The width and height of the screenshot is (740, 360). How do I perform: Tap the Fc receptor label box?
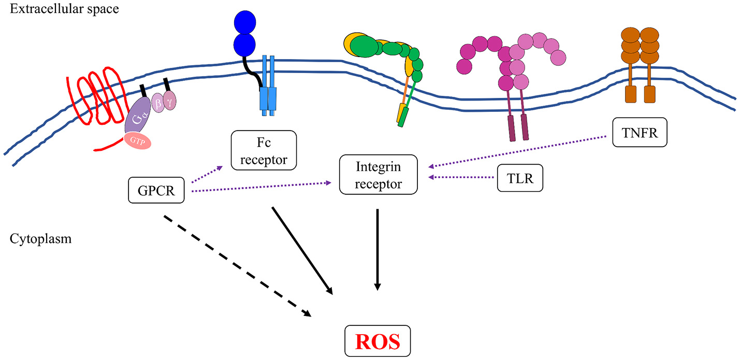tap(264, 150)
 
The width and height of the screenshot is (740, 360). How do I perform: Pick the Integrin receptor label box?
tap(378, 174)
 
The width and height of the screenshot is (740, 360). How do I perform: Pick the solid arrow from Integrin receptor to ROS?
tap(378, 249)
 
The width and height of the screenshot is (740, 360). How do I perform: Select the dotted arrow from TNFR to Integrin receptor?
tap(518, 151)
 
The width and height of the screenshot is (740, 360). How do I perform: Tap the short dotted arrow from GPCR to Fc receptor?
tap(207, 175)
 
